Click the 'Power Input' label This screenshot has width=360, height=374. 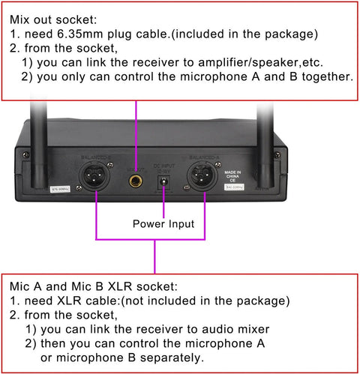coord(164,223)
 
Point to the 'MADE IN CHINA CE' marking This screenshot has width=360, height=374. coord(233,175)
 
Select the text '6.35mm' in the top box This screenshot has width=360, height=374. coord(90,34)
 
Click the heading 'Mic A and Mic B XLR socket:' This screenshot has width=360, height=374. coord(94,286)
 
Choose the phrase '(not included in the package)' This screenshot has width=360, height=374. coord(216,301)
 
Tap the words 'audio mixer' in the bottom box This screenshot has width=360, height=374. coord(232,330)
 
